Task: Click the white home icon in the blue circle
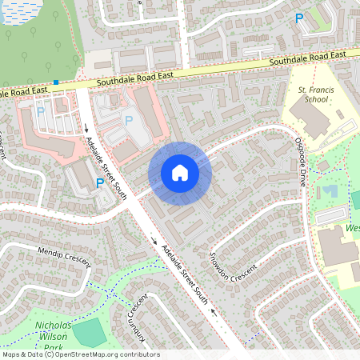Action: click(x=180, y=173)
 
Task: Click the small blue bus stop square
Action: click(x=56, y=82)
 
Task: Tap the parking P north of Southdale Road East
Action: click(x=299, y=18)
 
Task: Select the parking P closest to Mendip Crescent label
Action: click(x=100, y=183)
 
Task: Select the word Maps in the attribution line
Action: click(x=12, y=354)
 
